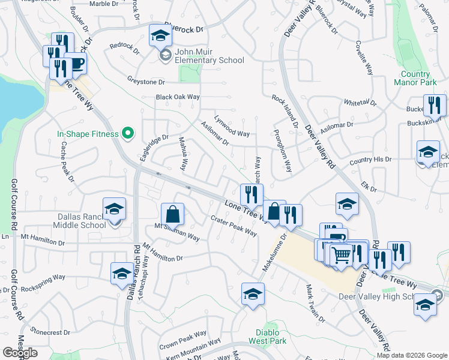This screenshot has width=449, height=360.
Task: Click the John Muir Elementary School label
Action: coord(209,60)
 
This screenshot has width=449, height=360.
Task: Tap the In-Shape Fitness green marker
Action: coord(127,133)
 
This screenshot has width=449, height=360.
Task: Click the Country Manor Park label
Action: coord(419,78)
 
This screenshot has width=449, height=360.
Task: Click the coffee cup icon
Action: coord(76,63)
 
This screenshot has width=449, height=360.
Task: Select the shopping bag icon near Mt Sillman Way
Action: coord(172,214)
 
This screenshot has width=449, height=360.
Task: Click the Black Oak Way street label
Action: coord(177,97)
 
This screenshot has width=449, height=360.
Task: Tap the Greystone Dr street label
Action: coord(146,82)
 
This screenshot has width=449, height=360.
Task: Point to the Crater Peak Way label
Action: coord(234,226)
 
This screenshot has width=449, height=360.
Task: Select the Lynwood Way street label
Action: coord(232,125)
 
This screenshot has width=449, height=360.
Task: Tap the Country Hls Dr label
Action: coord(370,160)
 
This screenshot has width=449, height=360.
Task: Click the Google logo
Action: coord(20,353)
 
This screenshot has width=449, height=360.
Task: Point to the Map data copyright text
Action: coord(411,355)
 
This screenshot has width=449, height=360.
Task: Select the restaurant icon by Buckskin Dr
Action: coord(435,106)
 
